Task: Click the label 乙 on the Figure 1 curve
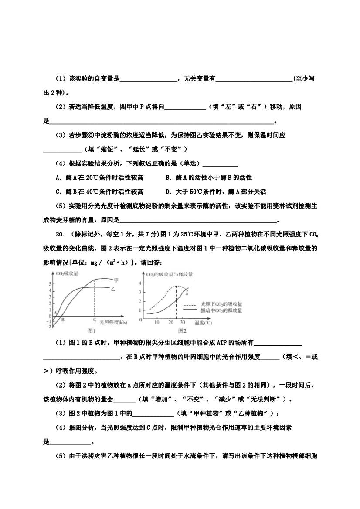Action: tap(113, 288)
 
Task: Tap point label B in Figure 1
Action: tap(63, 320)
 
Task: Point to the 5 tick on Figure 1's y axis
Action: tap(51, 283)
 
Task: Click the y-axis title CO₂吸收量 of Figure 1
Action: tap(68, 273)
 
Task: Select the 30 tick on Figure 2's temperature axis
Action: tap(183, 322)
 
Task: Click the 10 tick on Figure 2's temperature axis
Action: tap(157, 322)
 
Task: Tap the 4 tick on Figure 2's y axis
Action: tap(140, 283)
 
